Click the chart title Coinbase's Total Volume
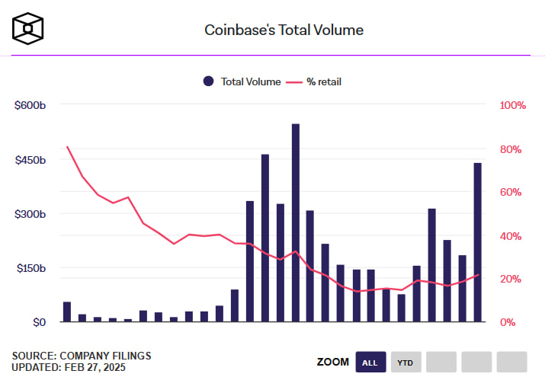coord(284,30)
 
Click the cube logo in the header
coord(27,29)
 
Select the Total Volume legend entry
coord(242,81)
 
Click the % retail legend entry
coord(314,81)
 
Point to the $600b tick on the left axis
coord(30,105)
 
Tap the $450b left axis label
coord(30,160)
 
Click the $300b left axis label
coord(30,214)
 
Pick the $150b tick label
coord(30,268)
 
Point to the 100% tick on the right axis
coord(511,105)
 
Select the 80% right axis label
coord(509,149)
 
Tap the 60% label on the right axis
coord(509,192)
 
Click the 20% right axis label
coord(509,279)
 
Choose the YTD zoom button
coord(405,362)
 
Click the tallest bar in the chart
coord(295,222)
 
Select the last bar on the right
coord(477,242)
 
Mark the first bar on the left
coord(67,312)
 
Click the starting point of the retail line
coord(67,146)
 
